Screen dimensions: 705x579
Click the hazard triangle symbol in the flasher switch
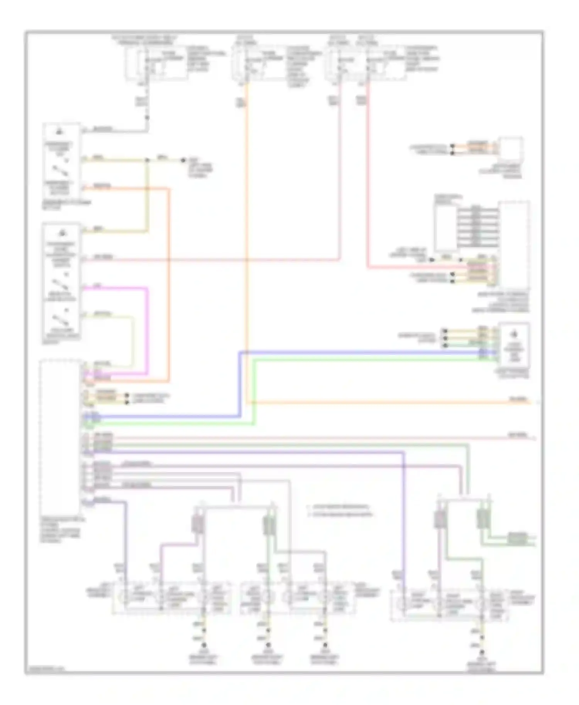pos(60,132)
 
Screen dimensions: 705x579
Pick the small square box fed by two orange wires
pos(510,149)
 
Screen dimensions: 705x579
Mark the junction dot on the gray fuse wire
pos(147,118)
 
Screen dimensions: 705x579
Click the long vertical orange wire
pos(246,231)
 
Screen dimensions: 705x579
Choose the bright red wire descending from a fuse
pos(367,174)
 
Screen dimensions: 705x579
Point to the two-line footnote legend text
pos(340,510)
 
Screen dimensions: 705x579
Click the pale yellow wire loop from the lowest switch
pos(133,339)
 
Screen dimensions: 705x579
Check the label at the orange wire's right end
pos(517,400)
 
